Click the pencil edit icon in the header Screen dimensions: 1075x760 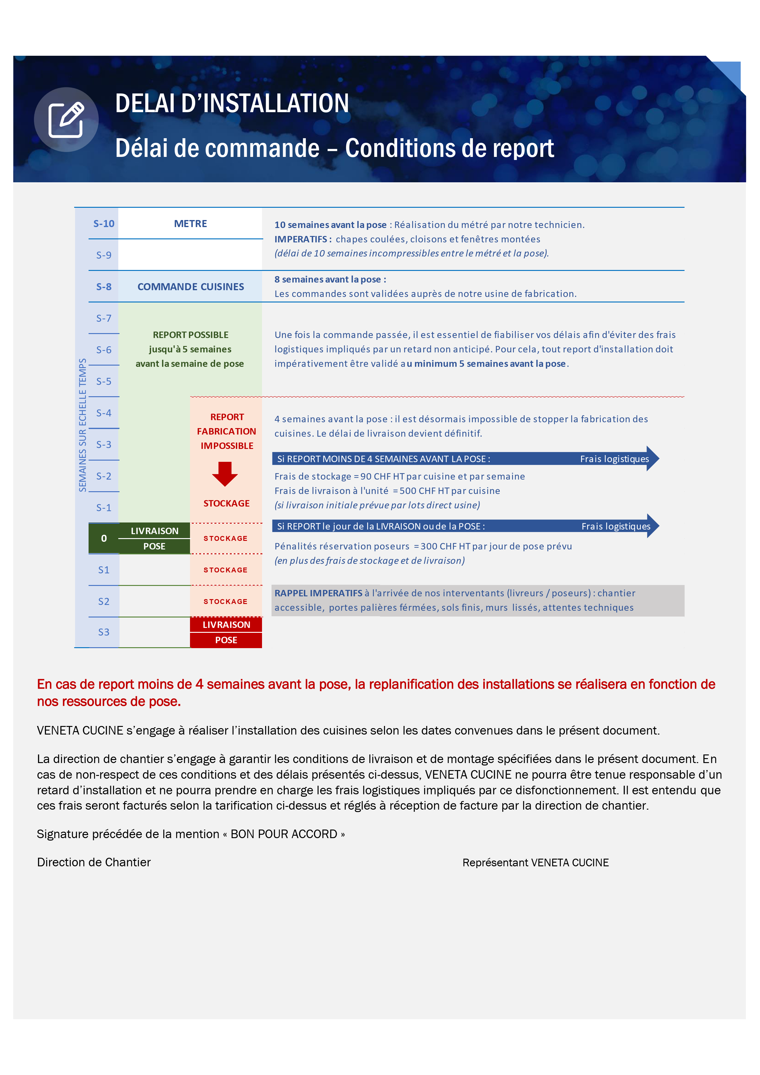[66, 120]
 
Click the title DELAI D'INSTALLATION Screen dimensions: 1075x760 [232, 104]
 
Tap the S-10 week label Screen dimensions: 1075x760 [104, 224]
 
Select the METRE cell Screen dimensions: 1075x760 [190, 224]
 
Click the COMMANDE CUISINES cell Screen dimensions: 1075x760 [190, 287]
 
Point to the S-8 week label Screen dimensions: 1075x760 [104, 287]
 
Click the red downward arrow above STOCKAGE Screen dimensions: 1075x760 [225, 474]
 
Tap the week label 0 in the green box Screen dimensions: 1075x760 [104, 538]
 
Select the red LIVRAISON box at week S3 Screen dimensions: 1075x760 [226, 625]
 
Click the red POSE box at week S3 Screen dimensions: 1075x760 [226, 640]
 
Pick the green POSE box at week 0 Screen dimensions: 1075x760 [154, 546]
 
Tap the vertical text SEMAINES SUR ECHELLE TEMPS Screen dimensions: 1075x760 [82, 425]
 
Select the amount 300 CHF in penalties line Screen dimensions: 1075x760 [438, 546]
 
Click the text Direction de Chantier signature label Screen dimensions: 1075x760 [94, 862]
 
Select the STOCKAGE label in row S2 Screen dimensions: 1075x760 [225, 602]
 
